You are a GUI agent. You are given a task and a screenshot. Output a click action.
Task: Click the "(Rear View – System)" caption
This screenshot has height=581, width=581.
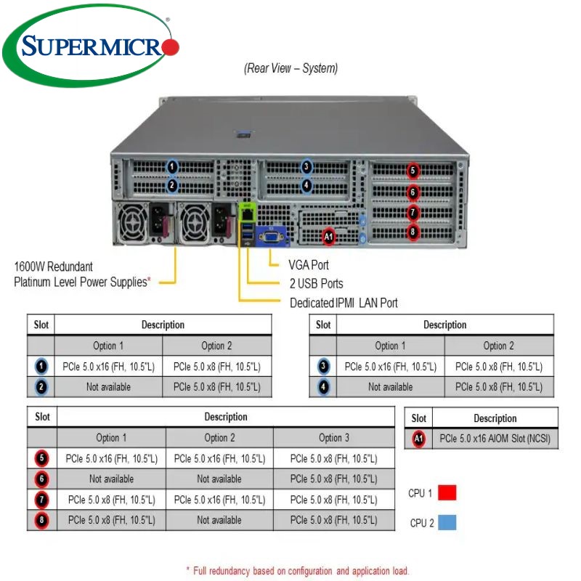290,68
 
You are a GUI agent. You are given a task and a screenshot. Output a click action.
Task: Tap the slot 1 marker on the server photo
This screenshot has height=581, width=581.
172,167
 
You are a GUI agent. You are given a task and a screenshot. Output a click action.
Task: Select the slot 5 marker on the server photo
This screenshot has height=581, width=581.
413,171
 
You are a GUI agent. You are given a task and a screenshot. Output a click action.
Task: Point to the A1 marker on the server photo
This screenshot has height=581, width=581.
328,236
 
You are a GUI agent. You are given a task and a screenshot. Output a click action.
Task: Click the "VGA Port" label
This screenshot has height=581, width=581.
309,265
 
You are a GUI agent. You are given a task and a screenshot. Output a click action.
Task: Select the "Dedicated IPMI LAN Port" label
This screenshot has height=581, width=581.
344,303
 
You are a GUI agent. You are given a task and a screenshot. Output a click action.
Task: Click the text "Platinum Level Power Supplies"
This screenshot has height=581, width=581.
82,282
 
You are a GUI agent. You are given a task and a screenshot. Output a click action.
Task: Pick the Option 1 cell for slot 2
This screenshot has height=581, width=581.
108,387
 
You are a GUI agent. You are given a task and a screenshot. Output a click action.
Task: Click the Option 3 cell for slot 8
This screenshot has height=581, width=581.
333,520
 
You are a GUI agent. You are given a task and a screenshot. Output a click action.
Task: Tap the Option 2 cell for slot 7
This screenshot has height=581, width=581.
219,500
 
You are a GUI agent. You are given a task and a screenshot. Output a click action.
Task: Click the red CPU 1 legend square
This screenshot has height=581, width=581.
447,493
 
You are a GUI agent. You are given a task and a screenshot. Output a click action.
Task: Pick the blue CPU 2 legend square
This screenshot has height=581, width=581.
447,522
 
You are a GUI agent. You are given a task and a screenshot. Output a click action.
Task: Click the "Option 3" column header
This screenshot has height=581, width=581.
334,438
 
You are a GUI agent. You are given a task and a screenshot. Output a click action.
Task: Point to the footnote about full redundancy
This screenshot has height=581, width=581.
298,571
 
